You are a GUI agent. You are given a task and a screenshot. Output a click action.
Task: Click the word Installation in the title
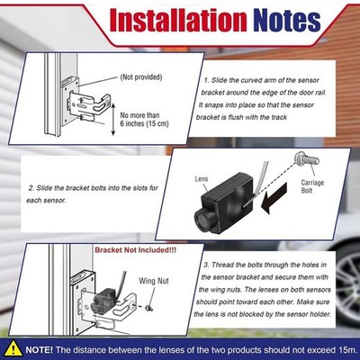178,21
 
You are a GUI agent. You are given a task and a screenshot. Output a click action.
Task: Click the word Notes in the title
287,21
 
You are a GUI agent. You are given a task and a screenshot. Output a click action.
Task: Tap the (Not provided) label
141,77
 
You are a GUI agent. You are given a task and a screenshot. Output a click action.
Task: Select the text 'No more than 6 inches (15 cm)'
144,120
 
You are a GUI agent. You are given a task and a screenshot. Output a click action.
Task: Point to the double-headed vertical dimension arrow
113,119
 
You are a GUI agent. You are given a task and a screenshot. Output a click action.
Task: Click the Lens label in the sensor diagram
202,179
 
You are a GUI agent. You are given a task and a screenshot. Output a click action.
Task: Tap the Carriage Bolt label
312,186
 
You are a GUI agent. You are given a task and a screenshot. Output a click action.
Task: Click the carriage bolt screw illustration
307,159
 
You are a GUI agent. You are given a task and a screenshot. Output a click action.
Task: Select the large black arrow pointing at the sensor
274,198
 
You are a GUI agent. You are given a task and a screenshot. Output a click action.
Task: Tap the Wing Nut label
154,281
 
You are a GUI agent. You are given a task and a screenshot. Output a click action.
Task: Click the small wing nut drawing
148,308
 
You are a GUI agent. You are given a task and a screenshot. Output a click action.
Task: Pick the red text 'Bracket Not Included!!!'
136,250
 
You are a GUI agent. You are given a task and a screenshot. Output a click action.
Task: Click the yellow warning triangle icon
13,349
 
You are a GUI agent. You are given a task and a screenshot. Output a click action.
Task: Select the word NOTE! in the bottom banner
40,350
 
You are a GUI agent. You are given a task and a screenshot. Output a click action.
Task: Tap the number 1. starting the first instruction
206,80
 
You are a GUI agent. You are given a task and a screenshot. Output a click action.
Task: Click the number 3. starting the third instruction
206,265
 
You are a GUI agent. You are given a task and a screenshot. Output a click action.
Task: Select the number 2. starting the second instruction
31,188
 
